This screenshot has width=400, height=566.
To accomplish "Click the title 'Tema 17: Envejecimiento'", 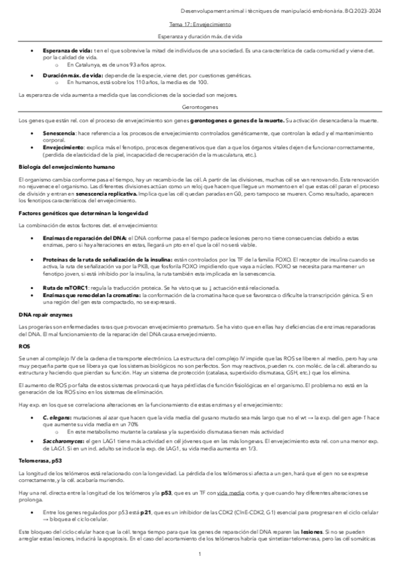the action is point(200,23).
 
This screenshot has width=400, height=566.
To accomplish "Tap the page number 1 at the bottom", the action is point(200,554).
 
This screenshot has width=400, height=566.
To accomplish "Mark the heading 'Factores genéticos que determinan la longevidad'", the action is point(83,212).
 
